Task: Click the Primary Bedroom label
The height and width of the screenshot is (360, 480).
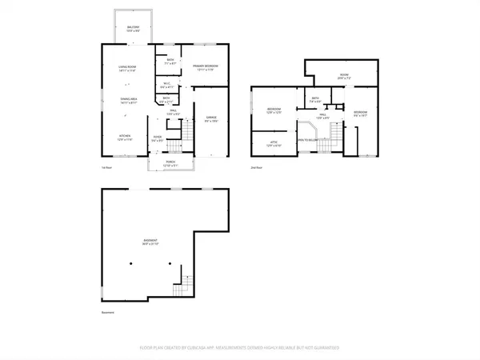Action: coord(204,68)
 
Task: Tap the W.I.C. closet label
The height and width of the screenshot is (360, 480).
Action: coord(166,86)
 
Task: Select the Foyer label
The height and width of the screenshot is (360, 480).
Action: coord(158,139)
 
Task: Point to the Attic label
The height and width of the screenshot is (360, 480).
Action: coord(274,143)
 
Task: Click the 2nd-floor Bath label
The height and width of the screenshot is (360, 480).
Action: coord(315,100)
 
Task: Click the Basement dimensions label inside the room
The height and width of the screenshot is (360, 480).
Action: coord(151,243)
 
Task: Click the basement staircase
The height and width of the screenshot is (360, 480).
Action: coord(186,282)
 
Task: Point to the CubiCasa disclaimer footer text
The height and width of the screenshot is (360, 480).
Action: coord(240,348)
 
